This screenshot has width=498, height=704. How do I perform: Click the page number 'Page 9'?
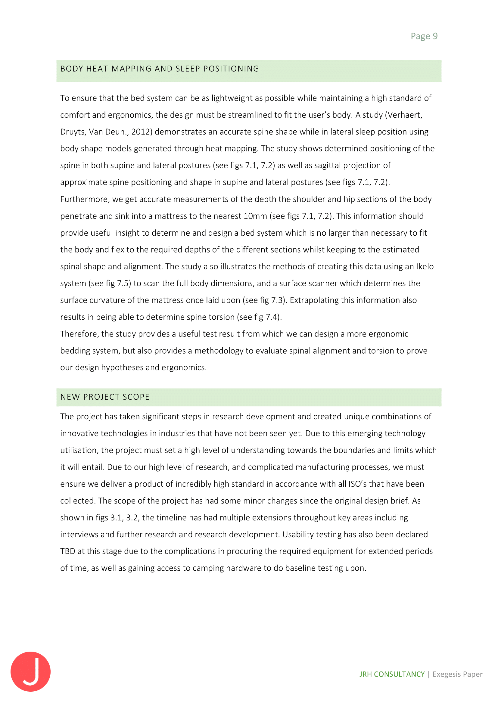424,36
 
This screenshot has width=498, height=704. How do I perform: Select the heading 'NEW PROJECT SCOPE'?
105,397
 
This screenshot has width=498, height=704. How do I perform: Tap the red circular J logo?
30,671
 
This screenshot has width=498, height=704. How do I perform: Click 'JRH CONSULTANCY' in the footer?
392,674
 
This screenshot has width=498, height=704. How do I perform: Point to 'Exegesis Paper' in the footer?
458,674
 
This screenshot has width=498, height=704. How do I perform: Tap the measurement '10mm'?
255,216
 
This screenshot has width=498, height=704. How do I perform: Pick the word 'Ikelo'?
425,266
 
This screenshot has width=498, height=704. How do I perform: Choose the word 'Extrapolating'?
314,300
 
